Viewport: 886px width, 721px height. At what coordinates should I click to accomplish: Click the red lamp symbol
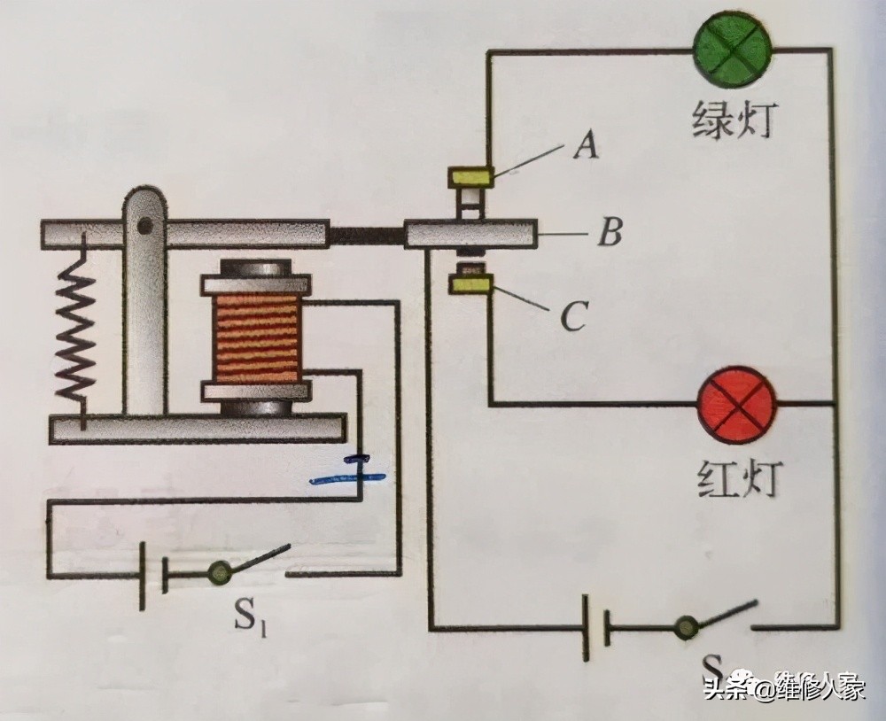(736, 405)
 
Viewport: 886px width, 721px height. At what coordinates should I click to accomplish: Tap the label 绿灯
(732, 120)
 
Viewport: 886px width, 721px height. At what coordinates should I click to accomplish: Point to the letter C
(574, 316)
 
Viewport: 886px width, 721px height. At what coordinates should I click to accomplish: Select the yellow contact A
(471, 175)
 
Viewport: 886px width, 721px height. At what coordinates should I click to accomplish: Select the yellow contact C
(470, 284)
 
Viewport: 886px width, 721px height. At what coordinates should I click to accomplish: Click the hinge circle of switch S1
(217, 574)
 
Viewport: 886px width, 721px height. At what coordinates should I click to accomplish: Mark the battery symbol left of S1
(152, 576)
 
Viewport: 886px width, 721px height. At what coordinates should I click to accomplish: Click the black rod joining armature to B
(365, 235)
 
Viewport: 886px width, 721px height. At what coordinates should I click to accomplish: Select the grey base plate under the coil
(195, 430)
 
